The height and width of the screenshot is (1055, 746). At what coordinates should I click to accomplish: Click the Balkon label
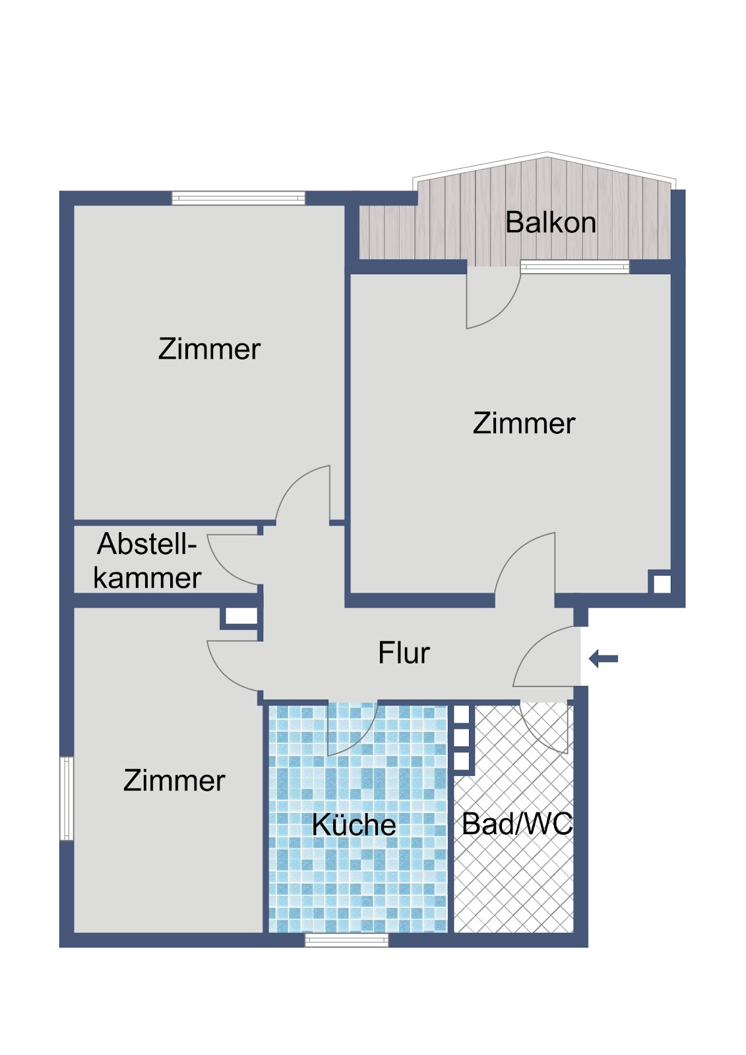pos(550,222)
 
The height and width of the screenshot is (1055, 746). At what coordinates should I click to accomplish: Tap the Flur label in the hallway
pos(404,653)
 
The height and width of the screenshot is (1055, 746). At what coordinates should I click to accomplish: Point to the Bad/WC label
pos(517,824)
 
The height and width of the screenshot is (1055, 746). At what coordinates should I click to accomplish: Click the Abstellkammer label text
pos(147,561)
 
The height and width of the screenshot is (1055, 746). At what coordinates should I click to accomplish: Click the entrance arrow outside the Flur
pos(604,659)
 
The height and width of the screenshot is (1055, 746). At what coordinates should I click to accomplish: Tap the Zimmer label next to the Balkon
pos(524,423)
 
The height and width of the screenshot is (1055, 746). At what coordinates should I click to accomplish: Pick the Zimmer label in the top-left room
pos(209,349)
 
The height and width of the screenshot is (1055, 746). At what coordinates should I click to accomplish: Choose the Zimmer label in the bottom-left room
pos(174,781)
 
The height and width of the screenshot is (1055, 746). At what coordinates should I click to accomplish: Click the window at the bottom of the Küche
pos(346,940)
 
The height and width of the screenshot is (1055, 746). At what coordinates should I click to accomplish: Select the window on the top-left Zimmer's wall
pos(238,198)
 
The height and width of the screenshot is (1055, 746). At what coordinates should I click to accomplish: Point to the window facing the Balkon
pos(575,266)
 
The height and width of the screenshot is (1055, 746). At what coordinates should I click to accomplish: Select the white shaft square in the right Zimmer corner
pos(662,584)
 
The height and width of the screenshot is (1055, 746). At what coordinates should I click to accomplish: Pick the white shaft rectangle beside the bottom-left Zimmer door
pos(241,616)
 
